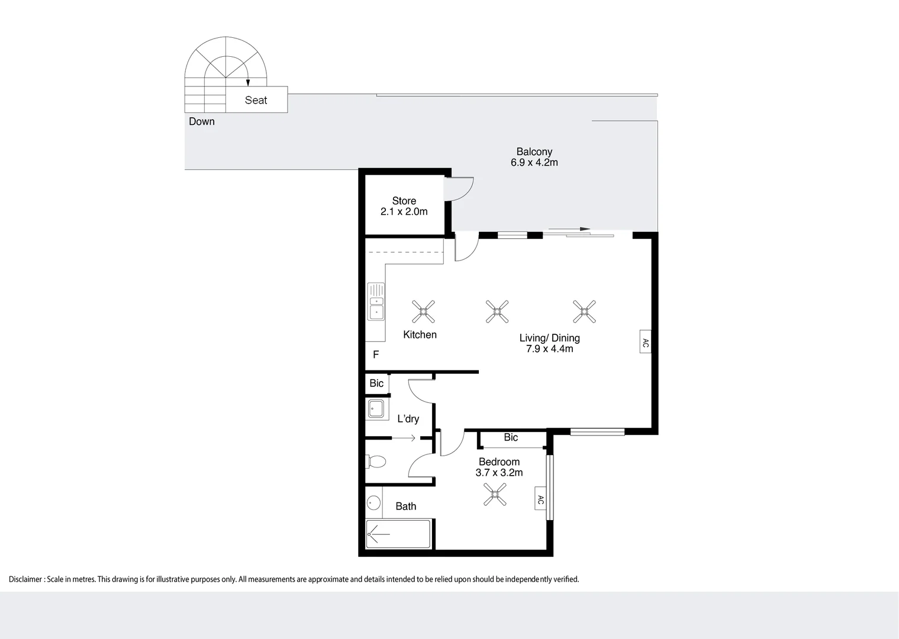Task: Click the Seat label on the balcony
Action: click(256, 100)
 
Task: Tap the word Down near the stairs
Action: click(201, 121)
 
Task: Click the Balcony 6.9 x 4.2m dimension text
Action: click(534, 163)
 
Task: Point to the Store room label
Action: click(404, 201)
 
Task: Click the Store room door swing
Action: click(460, 188)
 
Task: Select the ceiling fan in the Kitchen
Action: click(423, 311)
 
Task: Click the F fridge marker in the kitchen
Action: click(375, 355)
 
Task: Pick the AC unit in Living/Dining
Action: click(645, 342)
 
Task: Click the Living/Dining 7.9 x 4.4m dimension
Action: click(549, 349)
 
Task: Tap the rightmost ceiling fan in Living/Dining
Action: click(584, 311)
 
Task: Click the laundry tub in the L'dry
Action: click(375, 408)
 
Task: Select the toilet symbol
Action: click(376, 461)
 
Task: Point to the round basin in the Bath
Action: click(373, 503)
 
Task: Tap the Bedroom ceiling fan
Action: click(495, 495)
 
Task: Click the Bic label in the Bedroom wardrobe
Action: click(511, 437)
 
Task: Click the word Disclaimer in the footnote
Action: click(25, 579)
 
